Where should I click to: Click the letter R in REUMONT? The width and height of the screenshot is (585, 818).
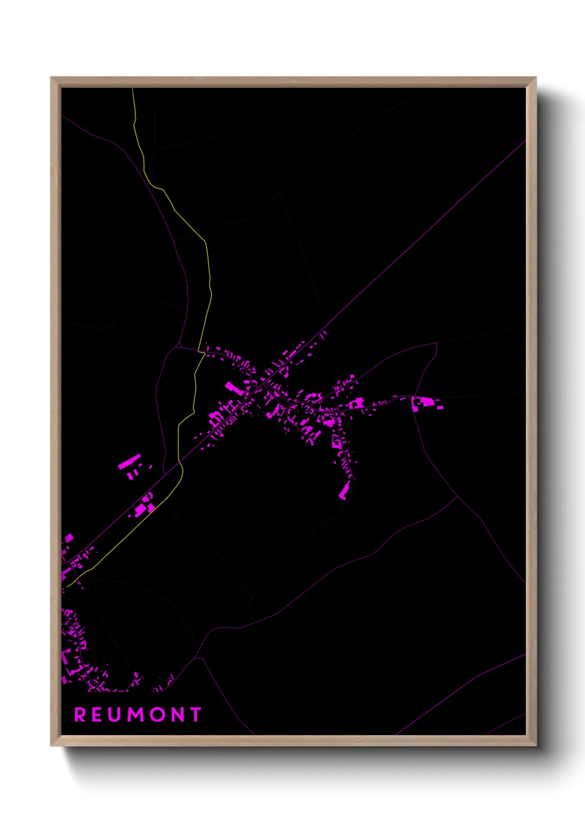80,715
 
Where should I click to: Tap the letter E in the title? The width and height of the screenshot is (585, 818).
98,715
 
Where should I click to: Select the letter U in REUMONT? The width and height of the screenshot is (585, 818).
116,715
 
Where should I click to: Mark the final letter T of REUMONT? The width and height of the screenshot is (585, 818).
195,715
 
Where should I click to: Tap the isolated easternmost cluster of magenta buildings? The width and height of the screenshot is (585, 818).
426,403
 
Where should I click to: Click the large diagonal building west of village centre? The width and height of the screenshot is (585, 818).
234,387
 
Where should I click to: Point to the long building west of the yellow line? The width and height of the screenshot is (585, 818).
129,462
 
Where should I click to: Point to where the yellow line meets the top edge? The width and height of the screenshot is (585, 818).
133,88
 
